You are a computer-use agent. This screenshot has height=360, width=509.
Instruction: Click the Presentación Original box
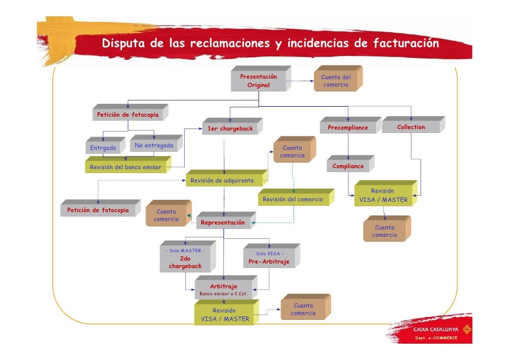258,81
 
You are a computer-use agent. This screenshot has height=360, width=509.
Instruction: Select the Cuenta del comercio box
336,81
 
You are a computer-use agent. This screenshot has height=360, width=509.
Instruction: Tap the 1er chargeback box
230,129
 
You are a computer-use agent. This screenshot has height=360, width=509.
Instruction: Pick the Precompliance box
348,128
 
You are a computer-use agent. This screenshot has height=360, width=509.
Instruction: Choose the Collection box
411,127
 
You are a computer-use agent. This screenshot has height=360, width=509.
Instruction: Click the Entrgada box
103,148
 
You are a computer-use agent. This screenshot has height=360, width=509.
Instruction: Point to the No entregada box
154,145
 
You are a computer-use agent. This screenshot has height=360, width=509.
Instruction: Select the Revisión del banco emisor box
126,167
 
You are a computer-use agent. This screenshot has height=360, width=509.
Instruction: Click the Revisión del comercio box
293,199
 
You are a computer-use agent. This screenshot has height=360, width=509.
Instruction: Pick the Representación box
222,223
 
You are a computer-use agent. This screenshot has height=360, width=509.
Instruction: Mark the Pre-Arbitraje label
269,262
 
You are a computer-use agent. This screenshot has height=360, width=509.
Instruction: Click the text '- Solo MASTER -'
185,251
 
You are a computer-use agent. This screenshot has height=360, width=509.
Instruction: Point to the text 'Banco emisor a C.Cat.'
223,294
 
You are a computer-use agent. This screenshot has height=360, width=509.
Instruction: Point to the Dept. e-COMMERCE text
436,338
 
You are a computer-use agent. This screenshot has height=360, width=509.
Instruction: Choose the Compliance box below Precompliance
348,166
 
